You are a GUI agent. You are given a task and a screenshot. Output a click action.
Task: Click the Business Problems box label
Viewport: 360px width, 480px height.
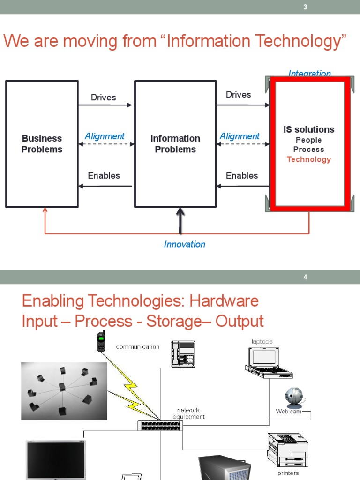pos(42,144)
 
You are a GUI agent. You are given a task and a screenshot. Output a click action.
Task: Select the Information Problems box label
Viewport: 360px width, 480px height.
pos(175,144)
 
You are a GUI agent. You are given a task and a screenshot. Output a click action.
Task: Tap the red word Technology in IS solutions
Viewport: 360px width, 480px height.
pos(308,159)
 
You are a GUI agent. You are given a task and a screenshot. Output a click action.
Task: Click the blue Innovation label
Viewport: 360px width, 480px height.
pos(184,244)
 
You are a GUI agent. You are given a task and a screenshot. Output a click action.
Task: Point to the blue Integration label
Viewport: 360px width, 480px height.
pos(309,74)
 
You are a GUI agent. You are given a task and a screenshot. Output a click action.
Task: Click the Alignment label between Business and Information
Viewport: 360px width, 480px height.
pos(105,136)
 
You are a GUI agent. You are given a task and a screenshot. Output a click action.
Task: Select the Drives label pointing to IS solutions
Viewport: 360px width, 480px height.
pos(238,95)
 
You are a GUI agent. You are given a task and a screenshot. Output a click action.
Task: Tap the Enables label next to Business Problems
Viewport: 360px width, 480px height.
pos(104,176)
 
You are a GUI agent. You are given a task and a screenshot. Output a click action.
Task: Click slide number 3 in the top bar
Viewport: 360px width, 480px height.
pos(305,7)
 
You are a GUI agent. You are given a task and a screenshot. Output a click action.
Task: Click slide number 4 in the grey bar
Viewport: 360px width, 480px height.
pos(305,277)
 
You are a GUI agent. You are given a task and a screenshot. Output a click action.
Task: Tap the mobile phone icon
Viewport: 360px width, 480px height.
pos(101,341)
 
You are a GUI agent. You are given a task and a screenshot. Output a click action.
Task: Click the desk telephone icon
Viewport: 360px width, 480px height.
pos(182,353)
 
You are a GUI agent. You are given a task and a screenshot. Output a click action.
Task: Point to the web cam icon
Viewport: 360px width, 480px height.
pos(293,398)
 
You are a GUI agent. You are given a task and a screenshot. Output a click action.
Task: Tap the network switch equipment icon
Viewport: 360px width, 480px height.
pos(159,426)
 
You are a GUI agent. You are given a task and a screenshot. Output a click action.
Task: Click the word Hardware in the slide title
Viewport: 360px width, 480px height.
pos(224,301)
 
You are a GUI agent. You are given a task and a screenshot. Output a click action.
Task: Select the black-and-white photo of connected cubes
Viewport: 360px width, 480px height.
pos(64,391)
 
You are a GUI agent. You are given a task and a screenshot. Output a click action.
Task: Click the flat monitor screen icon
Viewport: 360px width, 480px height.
pos(55,459)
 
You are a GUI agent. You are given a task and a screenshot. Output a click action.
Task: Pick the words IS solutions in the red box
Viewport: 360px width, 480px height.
pos(308,129)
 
